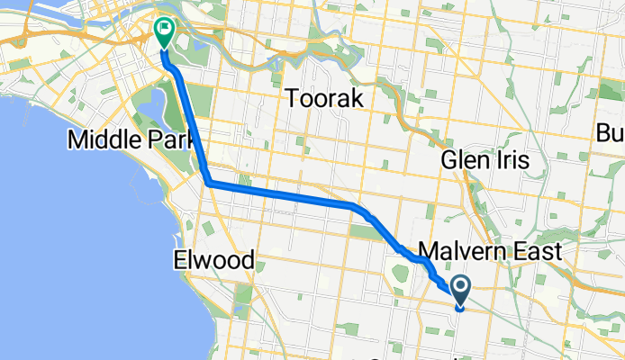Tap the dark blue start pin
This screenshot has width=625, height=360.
tap(460, 290)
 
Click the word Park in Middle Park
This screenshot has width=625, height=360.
tap(165, 139)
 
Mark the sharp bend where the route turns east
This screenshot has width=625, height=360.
tap(209, 183)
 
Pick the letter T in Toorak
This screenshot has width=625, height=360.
tap(292, 99)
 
